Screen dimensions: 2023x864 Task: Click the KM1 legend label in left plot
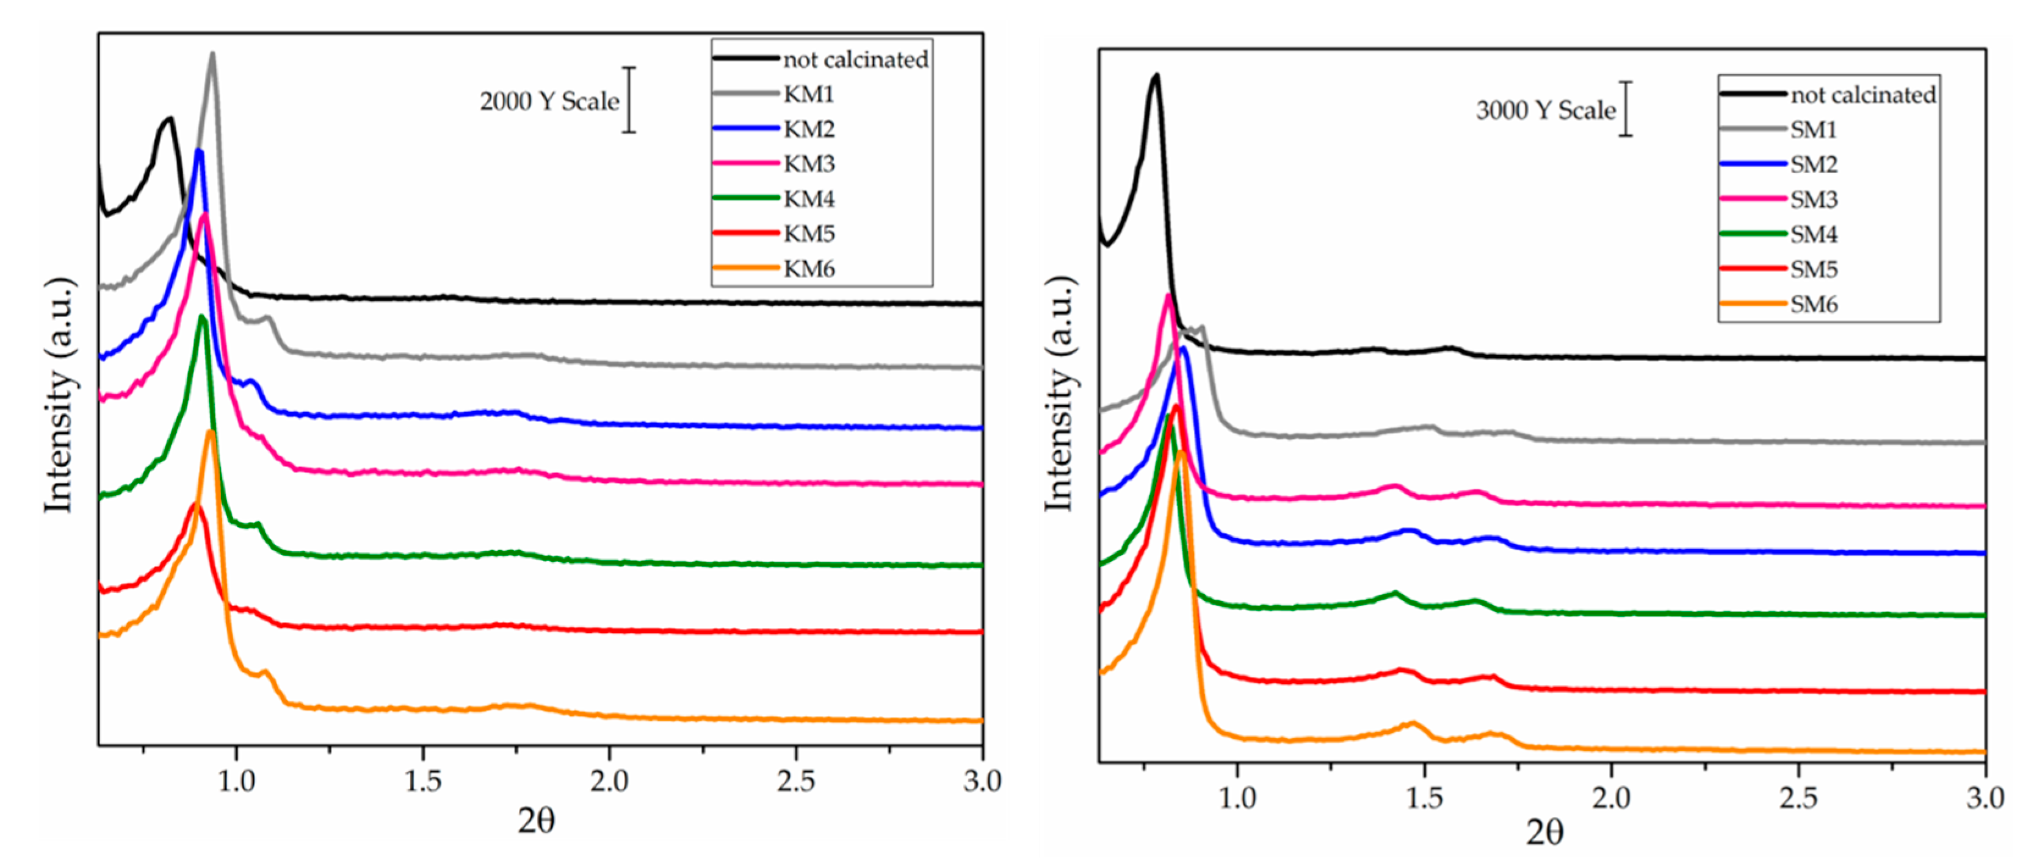click(x=808, y=94)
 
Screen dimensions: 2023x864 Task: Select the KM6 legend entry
click(x=808, y=269)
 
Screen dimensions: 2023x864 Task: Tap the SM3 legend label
click(x=1814, y=200)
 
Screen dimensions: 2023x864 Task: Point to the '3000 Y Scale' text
click(x=1545, y=110)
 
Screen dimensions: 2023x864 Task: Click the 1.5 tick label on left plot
click(x=422, y=782)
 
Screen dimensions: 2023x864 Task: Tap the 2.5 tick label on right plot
click(x=1798, y=798)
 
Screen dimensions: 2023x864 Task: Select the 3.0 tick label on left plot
click(x=982, y=782)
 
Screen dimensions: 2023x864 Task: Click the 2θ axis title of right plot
click(x=1544, y=832)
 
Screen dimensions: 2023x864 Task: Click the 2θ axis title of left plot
click(x=537, y=821)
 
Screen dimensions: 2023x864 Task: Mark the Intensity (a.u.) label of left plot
click(x=60, y=396)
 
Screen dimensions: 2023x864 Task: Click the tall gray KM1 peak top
click(x=212, y=55)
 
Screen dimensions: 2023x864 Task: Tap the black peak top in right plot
click(x=1155, y=76)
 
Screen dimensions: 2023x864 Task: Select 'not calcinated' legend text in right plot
click(x=1863, y=95)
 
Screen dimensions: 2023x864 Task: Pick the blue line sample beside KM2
click(x=745, y=128)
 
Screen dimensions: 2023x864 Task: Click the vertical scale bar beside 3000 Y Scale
click(x=1626, y=109)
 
